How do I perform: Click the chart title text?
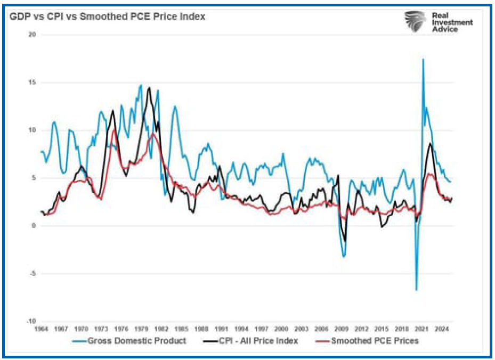pos(107,17)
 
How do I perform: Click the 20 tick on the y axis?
pos(32,35)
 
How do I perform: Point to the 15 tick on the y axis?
pos(32,83)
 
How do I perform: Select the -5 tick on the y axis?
pos(32,274)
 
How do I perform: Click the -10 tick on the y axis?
pos(31,322)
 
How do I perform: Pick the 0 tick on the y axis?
pos(33,226)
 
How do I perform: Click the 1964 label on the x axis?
pos(42,329)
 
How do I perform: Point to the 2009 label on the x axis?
pos(341,329)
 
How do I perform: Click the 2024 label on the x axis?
pos(441,329)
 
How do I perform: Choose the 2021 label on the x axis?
pos(421,329)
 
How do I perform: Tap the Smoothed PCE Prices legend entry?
pos(368,341)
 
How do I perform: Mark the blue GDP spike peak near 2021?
pos(423,59)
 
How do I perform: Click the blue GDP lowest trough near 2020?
pos(416,290)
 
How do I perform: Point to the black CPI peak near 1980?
pos(149,88)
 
